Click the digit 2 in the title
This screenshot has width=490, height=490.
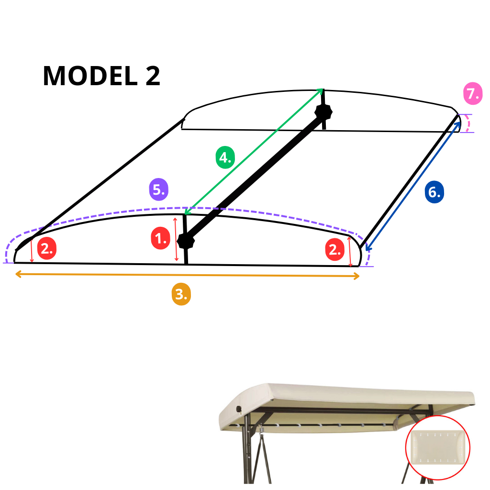[151, 76]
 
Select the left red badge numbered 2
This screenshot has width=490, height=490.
[47, 248]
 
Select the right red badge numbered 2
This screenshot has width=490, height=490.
[334, 249]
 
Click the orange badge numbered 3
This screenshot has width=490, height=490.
[181, 294]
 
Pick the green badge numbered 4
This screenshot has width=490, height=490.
[225, 157]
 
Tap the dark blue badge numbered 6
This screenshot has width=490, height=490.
[434, 192]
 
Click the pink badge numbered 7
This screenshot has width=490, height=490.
[472, 94]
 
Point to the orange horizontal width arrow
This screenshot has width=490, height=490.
[187, 275]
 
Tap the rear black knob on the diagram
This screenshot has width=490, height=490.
[323, 113]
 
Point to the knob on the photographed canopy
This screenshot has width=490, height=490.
[239, 409]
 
